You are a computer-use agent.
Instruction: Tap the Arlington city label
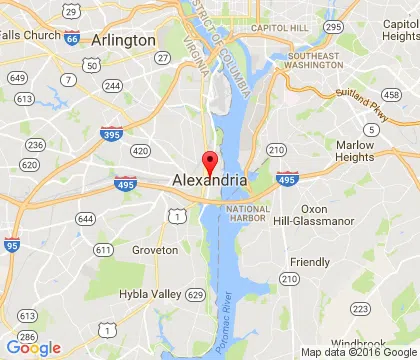(123, 40)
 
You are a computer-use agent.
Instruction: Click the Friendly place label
(309, 262)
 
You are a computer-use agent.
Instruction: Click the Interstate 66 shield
(71, 38)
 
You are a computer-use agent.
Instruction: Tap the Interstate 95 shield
(11, 244)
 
